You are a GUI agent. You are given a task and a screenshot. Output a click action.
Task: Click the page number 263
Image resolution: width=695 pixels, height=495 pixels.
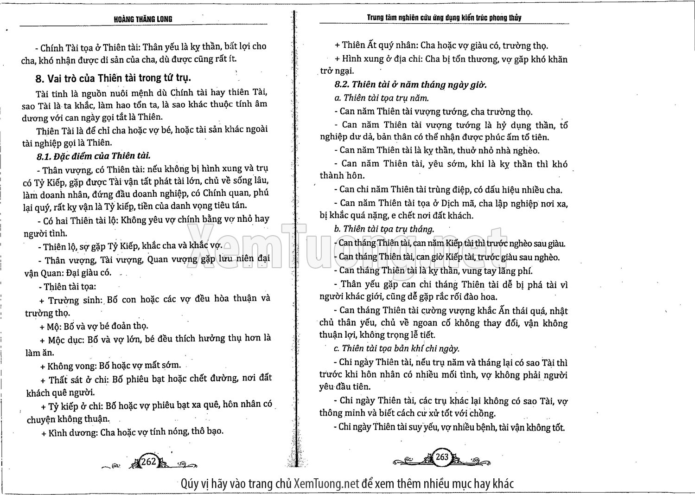point(442,457)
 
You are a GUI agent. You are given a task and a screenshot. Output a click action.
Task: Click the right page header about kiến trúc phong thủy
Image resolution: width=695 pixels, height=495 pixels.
point(444,18)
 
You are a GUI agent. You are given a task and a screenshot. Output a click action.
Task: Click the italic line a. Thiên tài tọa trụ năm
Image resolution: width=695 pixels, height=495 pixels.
point(381,98)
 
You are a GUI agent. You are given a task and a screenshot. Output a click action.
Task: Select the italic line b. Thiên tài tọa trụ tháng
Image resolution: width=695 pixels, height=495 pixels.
point(384,229)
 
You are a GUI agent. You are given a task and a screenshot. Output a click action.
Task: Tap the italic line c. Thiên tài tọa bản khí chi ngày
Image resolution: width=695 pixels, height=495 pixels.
point(396,348)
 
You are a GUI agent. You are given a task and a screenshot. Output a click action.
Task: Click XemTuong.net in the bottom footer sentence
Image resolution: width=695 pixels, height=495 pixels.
point(326,483)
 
